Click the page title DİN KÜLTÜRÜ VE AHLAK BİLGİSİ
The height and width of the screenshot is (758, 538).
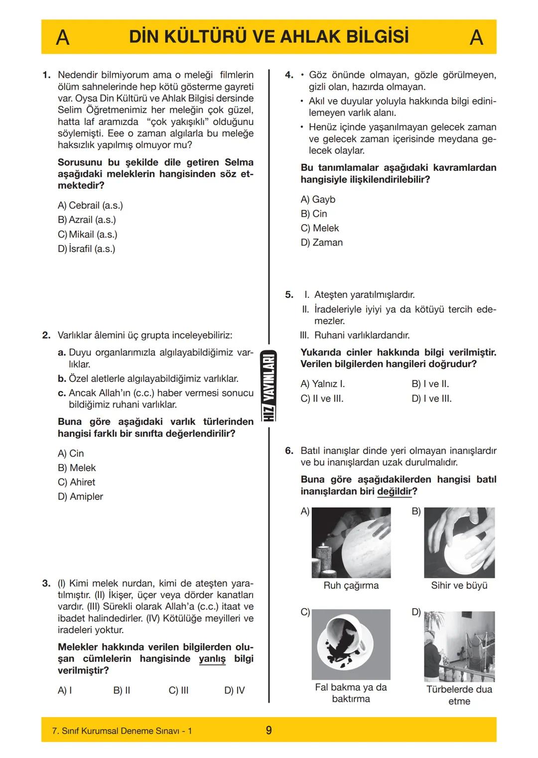pos(269,37)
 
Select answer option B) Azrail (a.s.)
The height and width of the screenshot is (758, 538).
pos(87,220)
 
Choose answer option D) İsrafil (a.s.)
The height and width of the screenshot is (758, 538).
pos(87,249)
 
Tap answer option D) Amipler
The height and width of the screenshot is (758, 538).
pos(80,497)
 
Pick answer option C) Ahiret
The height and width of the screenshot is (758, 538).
pos(76,482)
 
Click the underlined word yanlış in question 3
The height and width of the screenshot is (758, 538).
pos(212,659)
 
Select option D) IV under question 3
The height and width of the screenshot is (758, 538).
pos(234,690)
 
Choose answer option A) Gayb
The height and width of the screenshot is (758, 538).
pos(318,199)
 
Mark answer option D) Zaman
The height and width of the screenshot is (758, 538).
pos(321,243)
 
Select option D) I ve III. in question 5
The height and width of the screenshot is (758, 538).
pos(431,398)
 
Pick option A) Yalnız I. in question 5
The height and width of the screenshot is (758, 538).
pos(323,384)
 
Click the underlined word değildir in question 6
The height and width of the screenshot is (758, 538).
pos(395,492)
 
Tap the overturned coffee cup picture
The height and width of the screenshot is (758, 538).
pos(351,644)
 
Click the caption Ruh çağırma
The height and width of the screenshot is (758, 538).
pos(351,586)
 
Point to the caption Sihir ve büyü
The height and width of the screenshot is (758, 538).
pos(459,586)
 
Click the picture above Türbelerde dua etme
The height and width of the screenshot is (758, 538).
pos(459,646)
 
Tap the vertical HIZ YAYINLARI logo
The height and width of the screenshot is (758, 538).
pos(269,386)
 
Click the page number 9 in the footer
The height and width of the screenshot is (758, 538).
pos(269,731)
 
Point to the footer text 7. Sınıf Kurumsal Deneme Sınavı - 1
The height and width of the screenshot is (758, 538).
pos(122,731)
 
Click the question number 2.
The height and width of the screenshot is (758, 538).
pos(46,335)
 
